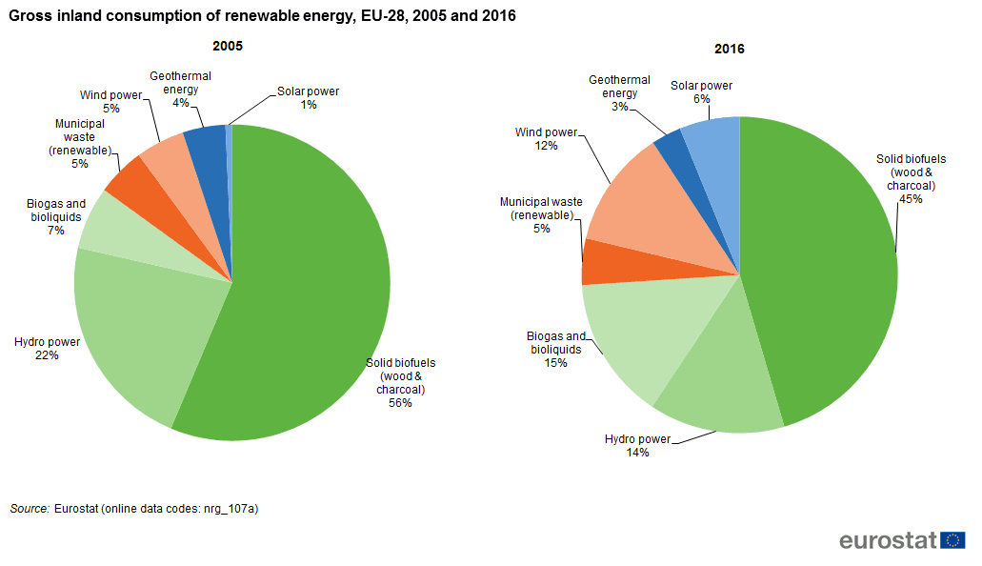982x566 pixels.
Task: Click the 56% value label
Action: pyautogui.click(x=400, y=403)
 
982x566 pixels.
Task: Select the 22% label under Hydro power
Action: pyautogui.click(x=47, y=355)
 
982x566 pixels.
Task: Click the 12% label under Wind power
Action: pyautogui.click(x=546, y=146)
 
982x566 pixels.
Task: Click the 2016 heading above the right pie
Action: pyautogui.click(x=730, y=50)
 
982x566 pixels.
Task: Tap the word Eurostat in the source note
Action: pyautogui.click(x=79, y=509)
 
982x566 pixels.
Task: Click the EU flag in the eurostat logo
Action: pyautogui.click(x=952, y=540)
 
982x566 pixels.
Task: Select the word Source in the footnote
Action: pyautogui.click(x=29, y=509)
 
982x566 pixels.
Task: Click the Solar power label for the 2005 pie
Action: pyautogui.click(x=308, y=91)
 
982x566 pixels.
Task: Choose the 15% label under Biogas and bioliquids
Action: pyautogui.click(x=556, y=363)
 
